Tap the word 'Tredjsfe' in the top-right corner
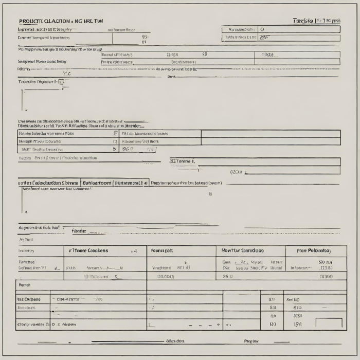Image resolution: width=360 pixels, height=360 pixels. coord(303,21)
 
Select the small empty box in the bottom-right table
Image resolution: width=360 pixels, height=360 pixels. coord(331,323)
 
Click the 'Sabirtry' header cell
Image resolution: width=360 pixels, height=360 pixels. coord(27,250)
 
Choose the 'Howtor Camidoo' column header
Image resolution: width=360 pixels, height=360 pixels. coord(243,250)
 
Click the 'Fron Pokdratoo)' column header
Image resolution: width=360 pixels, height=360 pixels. coord(314,250)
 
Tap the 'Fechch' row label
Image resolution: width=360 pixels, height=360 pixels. coord(25,284)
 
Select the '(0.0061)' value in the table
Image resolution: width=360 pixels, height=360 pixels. coord(166,276)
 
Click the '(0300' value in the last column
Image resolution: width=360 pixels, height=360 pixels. coord(326,276)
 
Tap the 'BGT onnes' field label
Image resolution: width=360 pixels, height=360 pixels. coord(183,161)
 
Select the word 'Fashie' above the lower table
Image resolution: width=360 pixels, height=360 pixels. coord(79,231)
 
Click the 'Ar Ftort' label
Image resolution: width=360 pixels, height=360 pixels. coord(26,240)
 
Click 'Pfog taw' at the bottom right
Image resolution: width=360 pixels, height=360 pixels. coord(251,341)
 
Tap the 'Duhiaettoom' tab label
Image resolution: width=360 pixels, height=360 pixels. coord(97,183)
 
